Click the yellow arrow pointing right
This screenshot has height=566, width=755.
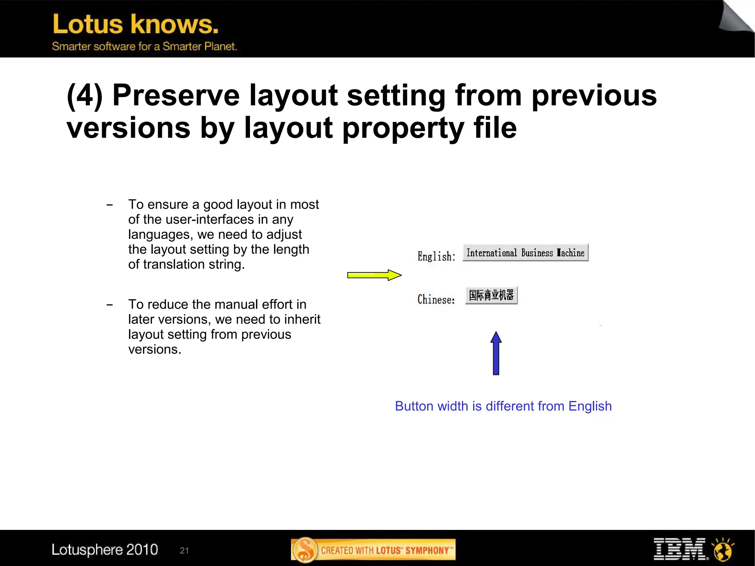[374, 275]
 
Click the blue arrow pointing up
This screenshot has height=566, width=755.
[496, 353]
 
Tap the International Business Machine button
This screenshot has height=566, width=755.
[525, 253]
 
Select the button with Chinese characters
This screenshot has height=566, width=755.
[491, 295]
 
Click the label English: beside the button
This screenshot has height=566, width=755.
[436, 256]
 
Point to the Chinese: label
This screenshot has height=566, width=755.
[436, 299]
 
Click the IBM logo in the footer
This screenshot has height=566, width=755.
[679, 549]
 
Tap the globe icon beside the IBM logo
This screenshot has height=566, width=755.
[723, 549]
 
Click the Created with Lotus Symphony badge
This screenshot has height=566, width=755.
[373, 550]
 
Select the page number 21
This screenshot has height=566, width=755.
[184, 551]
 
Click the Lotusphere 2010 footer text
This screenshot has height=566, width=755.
[105, 549]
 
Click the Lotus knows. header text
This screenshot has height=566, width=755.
[136, 24]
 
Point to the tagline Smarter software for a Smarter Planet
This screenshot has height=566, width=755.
[145, 46]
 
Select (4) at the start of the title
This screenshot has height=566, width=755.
[84, 96]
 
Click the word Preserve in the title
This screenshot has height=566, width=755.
[176, 96]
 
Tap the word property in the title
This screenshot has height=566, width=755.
[403, 128]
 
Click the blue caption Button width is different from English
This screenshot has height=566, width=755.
[503, 406]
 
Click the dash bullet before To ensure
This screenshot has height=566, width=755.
[109, 205]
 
